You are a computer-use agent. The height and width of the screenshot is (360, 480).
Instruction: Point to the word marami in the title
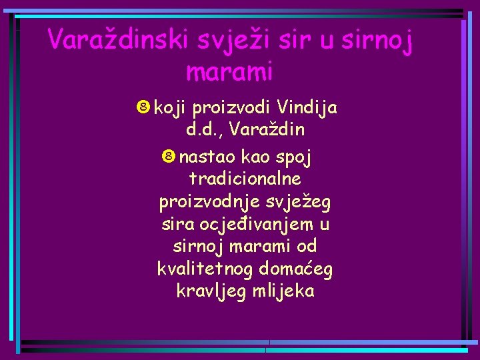(x=230, y=70)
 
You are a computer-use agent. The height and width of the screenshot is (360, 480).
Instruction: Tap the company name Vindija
(x=308, y=109)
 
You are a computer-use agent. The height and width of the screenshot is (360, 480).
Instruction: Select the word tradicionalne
(x=245, y=179)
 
